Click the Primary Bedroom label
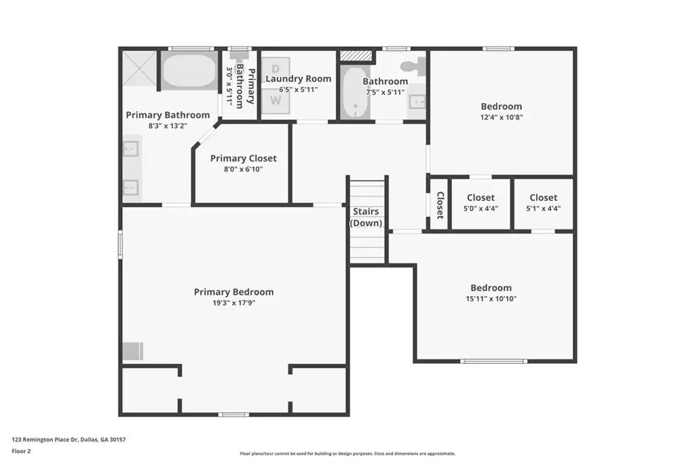coord(233,292)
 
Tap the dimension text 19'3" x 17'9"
coord(233,303)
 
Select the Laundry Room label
coord(299,79)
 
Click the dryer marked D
coord(276,69)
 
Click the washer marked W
coord(276,101)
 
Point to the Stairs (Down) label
coord(366,217)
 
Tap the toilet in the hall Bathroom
coord(413,67)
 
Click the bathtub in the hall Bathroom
coord(355,92)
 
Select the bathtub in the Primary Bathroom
coord(189,71)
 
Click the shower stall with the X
coord(139,69)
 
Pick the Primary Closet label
coord(244,158)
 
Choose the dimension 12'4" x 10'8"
coord(502,117)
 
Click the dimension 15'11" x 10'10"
coord(491,299)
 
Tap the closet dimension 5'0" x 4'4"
coord(481,208)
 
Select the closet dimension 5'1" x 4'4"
coord(544,208)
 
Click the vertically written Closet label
coord(440,205)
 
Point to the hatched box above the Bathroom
coord(356,56)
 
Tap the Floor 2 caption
coord(21,451)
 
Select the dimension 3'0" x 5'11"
coord(229,85)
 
